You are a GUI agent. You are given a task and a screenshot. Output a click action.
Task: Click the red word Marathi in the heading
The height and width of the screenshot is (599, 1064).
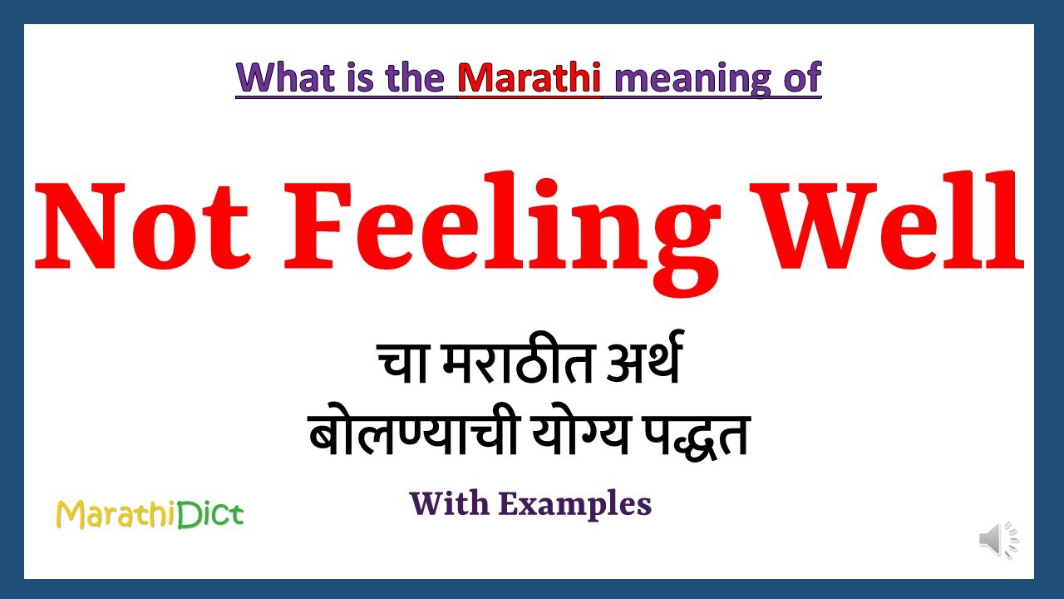(529, 77)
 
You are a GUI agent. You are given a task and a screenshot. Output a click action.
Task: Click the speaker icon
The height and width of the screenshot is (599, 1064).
(997, 541)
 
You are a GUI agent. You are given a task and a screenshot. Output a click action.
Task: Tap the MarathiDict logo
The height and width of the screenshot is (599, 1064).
(150, 515)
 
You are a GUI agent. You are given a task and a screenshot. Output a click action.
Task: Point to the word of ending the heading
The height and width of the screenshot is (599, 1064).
(801, 77)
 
